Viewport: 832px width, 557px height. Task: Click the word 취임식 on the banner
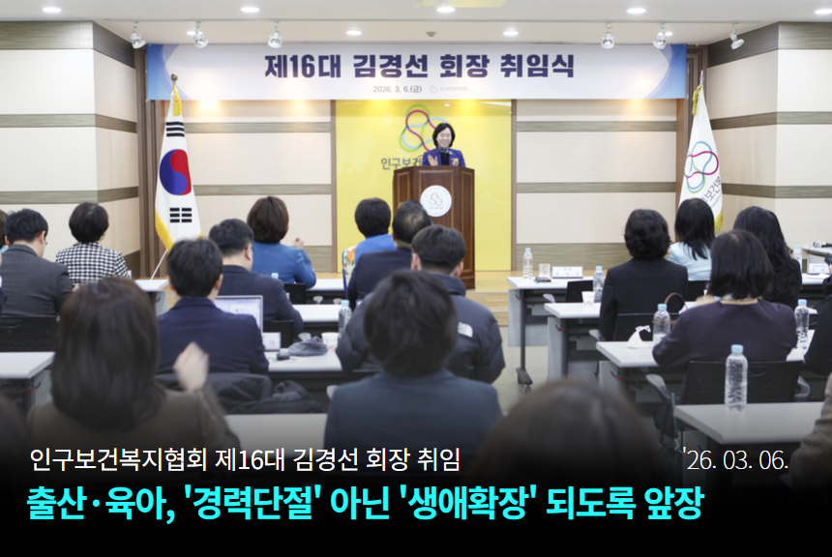(537, 67)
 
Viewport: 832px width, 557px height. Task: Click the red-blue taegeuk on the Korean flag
(175, 173)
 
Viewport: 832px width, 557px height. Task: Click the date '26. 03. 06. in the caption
(735, 459)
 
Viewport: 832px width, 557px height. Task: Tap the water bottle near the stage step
(527, 263)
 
